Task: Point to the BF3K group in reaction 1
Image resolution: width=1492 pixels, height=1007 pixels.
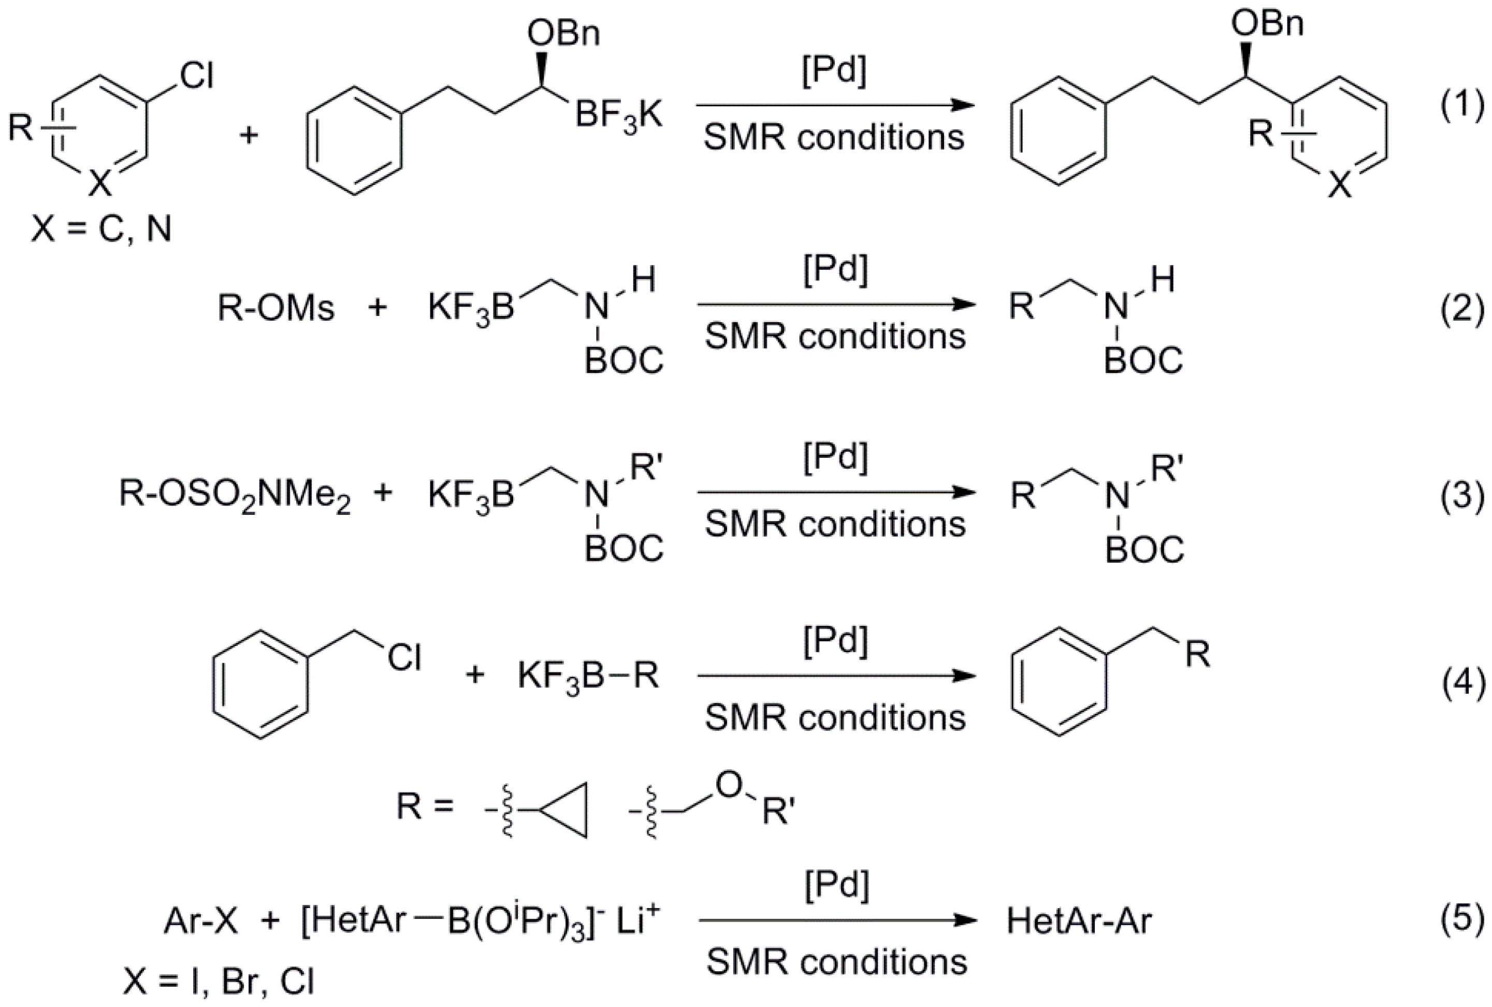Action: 618,117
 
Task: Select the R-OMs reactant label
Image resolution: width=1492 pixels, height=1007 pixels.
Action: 276,308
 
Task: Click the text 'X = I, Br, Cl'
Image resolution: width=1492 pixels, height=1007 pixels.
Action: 218,981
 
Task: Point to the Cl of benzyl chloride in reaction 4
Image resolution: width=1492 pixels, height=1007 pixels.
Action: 403,657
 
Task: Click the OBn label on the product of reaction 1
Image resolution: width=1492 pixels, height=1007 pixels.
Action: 1267,24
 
